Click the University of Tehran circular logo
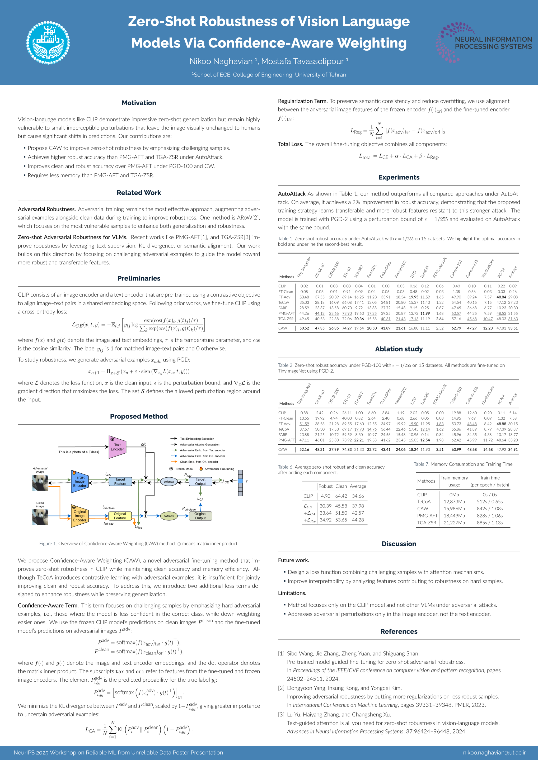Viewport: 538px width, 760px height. tap(48, 43)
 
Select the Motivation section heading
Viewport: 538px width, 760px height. tap(139, 103)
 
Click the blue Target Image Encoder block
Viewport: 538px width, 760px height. tap(79, 481)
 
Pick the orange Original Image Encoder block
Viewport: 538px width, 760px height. tap(79, 516)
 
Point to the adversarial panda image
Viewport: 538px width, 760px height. tap(40, 483)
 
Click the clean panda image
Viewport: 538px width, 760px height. tap(40, 517)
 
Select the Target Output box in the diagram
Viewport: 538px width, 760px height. tap(200, 481)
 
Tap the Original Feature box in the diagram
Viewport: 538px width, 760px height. tap(120, 516)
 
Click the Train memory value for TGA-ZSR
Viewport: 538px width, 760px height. tap(454, 523)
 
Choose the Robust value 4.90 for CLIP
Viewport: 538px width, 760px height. tap(325, 496)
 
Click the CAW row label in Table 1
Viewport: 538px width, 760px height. tap(283, 328)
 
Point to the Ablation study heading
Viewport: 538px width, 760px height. tap(399, 349)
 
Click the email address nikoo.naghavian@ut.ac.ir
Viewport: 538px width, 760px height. tap(494, 752)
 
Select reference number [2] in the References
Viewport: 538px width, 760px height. tap(281, 688)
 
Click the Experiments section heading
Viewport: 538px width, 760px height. tap(399, 177)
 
